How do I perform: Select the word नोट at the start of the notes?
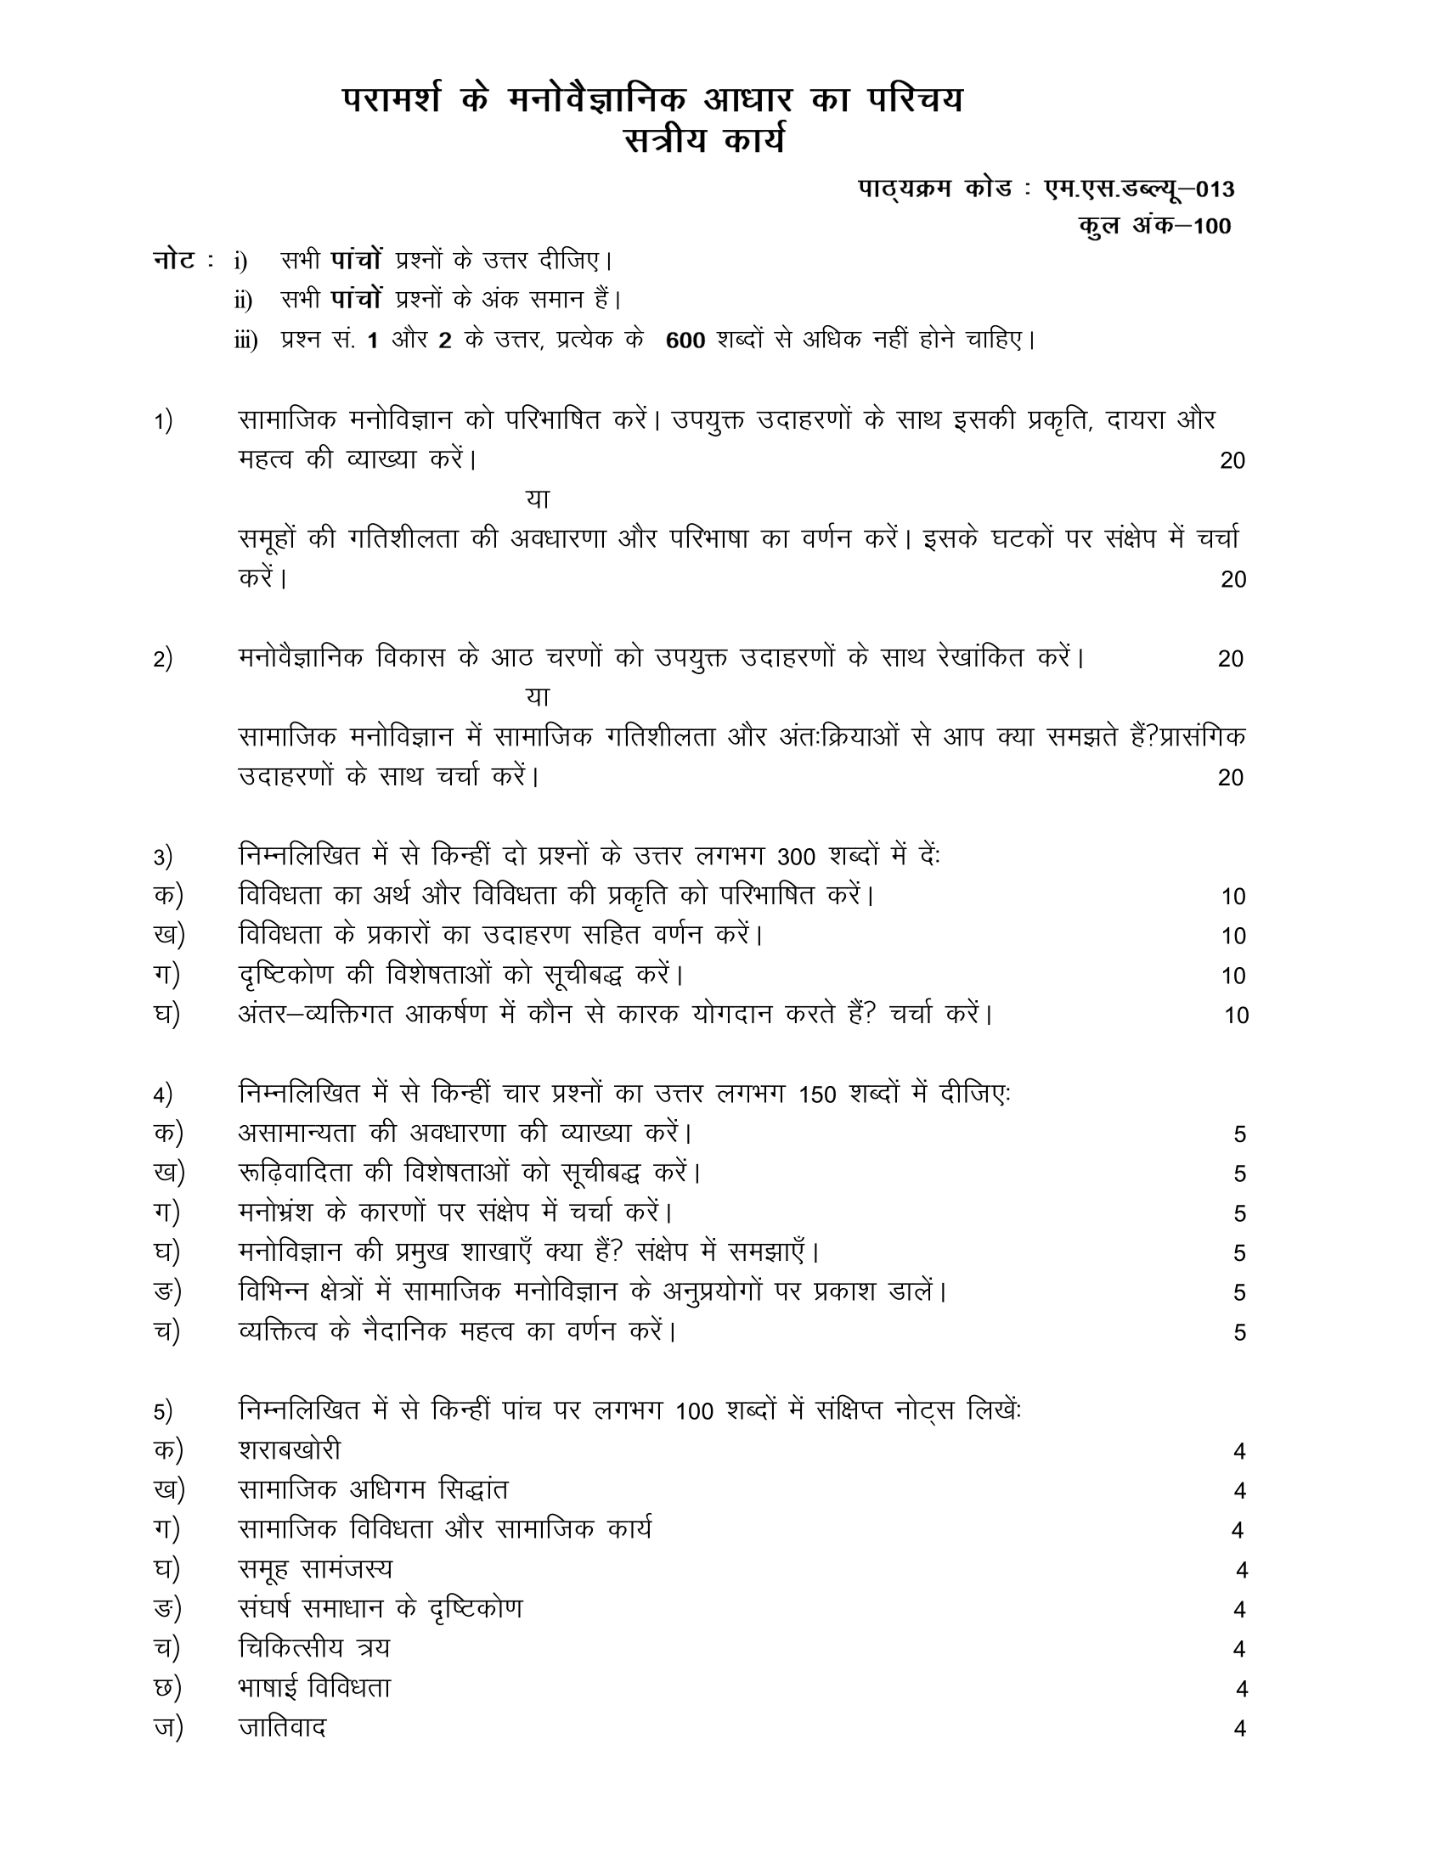click(x=174, y=260)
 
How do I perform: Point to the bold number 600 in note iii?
click(x=685, y=341)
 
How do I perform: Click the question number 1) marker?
click(x=162, y=422)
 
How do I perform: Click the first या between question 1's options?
click(x=537, y=498)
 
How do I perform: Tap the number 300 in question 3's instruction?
click(x=798, y=857)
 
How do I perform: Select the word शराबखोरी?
click(x=289, y=1450)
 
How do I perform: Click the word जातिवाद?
click(x=282, y=1728)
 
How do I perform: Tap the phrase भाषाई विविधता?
click(x=314, y=1688)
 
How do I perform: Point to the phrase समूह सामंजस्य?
click(x=315, y=1569)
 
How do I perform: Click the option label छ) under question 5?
click(x=166, y=1688)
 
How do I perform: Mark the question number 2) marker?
click(x=162, y=660)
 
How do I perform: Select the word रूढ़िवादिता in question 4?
click(x=302, y=1173)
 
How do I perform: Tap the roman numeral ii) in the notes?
click(x=244, y=301)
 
